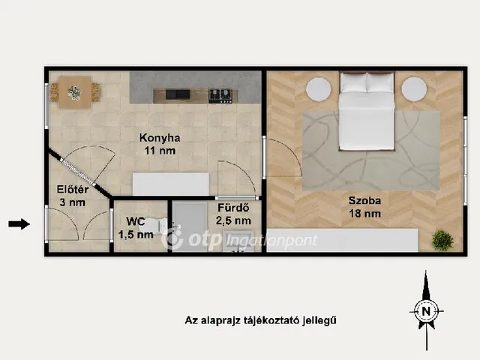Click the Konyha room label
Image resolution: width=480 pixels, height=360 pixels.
click(160, 138)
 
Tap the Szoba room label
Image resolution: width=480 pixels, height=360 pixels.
click(365, 200)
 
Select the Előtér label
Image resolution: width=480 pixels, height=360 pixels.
click(73, 190)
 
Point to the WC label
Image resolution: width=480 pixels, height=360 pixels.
click(135, 221)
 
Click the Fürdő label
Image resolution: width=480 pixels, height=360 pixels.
click(233, 208)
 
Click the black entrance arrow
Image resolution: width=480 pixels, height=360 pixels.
click(19, 224)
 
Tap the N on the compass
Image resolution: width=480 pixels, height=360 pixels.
click(426, 311)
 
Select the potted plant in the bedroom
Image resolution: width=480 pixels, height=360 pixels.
click(442, 240)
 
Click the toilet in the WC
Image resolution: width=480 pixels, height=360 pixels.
click(154, 226)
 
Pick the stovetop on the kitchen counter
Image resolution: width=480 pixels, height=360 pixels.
click(220, 95)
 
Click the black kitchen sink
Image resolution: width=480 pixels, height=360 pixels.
click(178, 94)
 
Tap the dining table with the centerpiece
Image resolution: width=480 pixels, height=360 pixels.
click(75, 92)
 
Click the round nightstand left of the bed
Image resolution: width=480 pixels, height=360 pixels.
click(319, 89)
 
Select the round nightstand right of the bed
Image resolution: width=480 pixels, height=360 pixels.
click(414, 89)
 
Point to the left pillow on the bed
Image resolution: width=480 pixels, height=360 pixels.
click(353, 82)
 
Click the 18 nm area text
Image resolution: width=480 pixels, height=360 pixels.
click(365, 213)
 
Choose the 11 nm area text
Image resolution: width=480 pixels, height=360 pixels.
click(160, 151)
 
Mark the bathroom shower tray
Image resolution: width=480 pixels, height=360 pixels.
click(190, 226)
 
